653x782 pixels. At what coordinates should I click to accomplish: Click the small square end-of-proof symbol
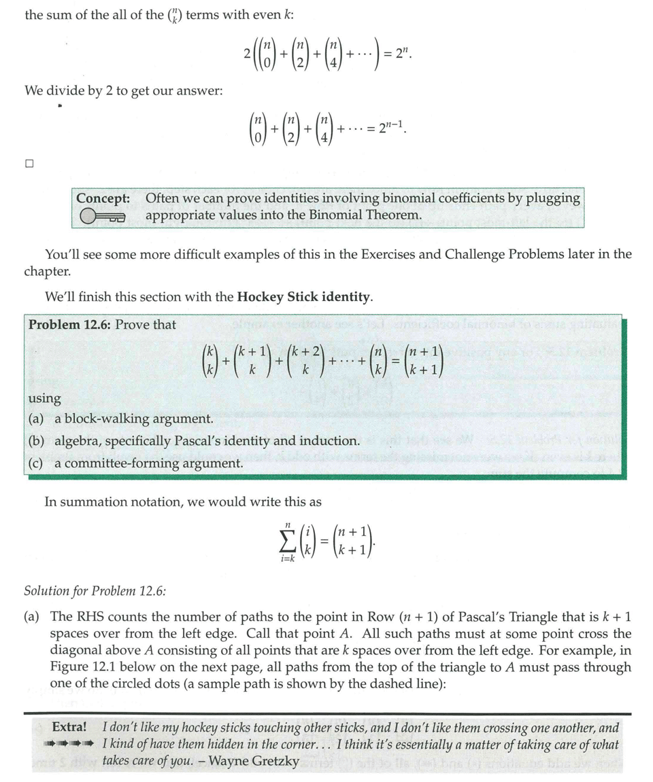point(29,163)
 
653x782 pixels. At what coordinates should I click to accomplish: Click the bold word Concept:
point(103,198)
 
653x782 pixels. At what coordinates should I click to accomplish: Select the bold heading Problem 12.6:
point(69,325)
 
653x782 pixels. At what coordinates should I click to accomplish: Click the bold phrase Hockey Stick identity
point(303,297)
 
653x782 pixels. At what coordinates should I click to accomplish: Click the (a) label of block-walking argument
point(37,419)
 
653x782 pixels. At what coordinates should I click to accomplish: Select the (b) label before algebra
point(37,441)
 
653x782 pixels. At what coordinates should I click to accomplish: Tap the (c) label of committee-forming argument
point(37,463)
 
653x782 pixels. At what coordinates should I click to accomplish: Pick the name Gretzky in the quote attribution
point(275,760)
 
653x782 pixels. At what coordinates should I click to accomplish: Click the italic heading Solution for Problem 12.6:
point(95,590)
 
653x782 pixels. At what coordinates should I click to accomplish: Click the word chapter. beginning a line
point(47,271)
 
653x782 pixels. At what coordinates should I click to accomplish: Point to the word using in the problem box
point(45,397)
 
